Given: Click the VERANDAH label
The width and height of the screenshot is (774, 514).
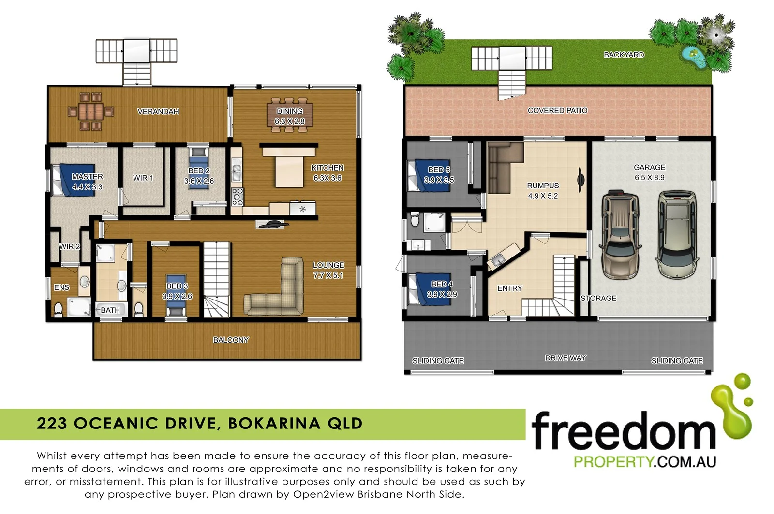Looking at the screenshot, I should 158,112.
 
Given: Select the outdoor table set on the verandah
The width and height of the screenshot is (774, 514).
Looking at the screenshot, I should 90,112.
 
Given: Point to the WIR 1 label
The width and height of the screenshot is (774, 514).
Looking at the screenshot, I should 143,178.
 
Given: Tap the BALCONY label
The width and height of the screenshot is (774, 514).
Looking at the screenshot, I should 231,340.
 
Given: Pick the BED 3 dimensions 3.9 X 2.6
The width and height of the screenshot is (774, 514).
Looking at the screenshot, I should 177,296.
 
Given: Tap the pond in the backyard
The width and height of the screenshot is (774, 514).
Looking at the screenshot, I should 693,57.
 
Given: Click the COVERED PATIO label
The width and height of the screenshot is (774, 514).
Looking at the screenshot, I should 557,111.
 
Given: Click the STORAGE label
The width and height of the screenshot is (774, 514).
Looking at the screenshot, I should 598,299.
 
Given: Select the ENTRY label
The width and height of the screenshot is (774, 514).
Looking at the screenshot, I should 510,288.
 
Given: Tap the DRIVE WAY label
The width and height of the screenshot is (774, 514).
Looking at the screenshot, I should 565,358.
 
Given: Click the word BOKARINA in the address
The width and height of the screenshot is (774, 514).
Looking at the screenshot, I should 274,424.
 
